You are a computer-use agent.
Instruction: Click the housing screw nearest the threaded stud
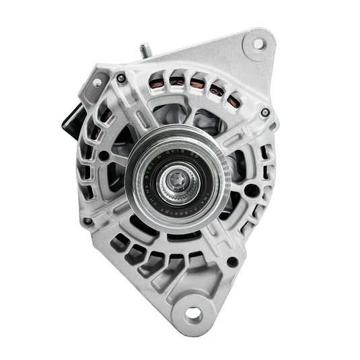121,79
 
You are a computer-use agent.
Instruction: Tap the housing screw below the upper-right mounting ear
265,112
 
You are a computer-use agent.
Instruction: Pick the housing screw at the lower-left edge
87,221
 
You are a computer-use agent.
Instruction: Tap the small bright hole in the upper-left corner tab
97,83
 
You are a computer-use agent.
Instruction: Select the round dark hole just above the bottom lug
231,260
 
